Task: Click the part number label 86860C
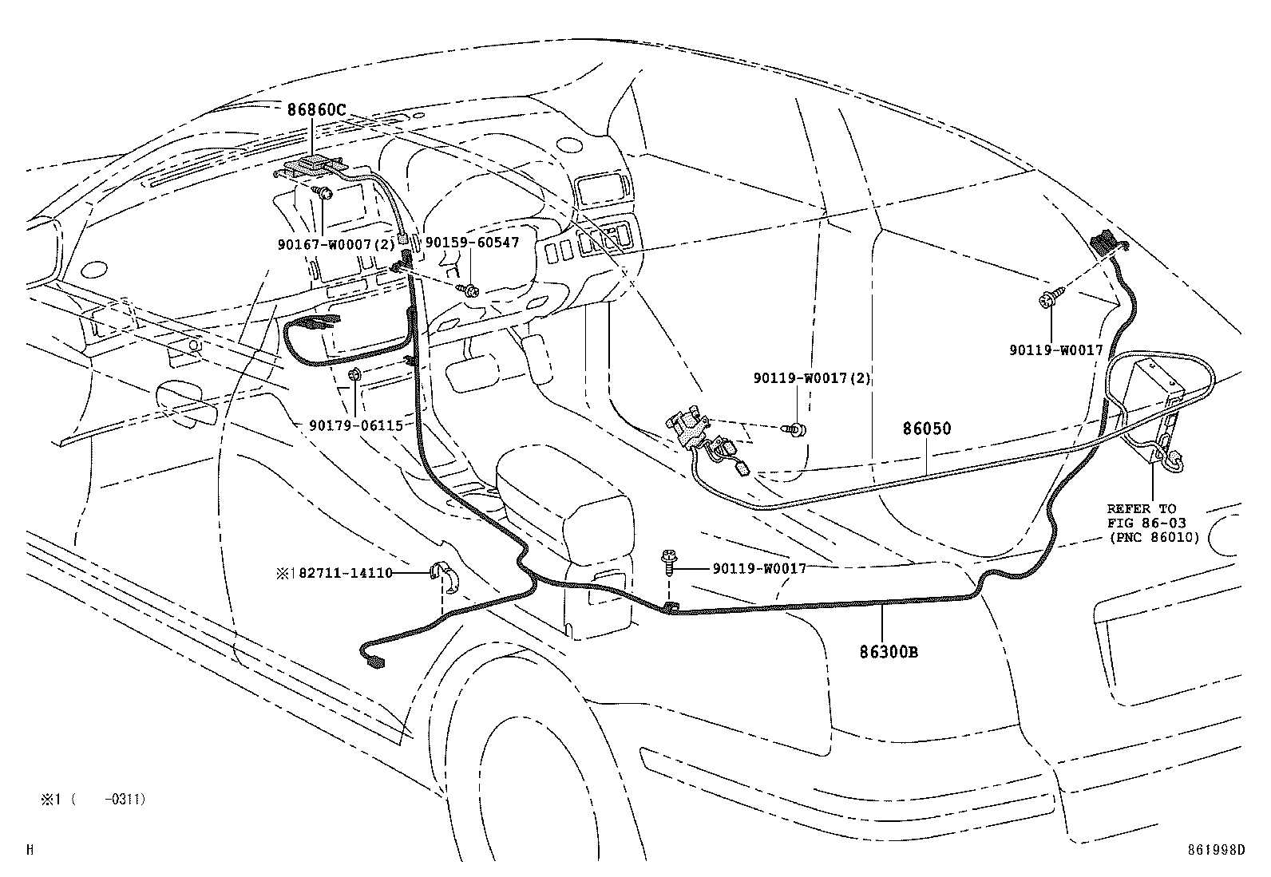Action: pyautogui.click(x=316, y=110)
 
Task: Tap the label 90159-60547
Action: pyautogui.click(x=472, y=243)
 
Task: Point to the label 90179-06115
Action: pyautogui.click(x=356, y=426)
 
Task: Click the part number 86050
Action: pyautogui.click(x=927, y=429)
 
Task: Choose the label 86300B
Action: pyautogui.click(x=889, y=652)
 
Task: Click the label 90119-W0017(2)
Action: pyautogui.click(x=812, y=379)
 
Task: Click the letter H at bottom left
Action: pyautogui.click(x=30, y=851)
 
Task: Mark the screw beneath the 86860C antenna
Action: pyautogui.click(x=323, y=192)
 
